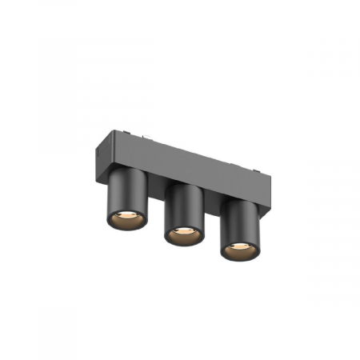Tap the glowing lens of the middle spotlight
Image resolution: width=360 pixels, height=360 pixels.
point(182,234)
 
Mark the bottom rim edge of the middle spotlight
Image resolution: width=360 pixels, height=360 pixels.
point(182,244)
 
